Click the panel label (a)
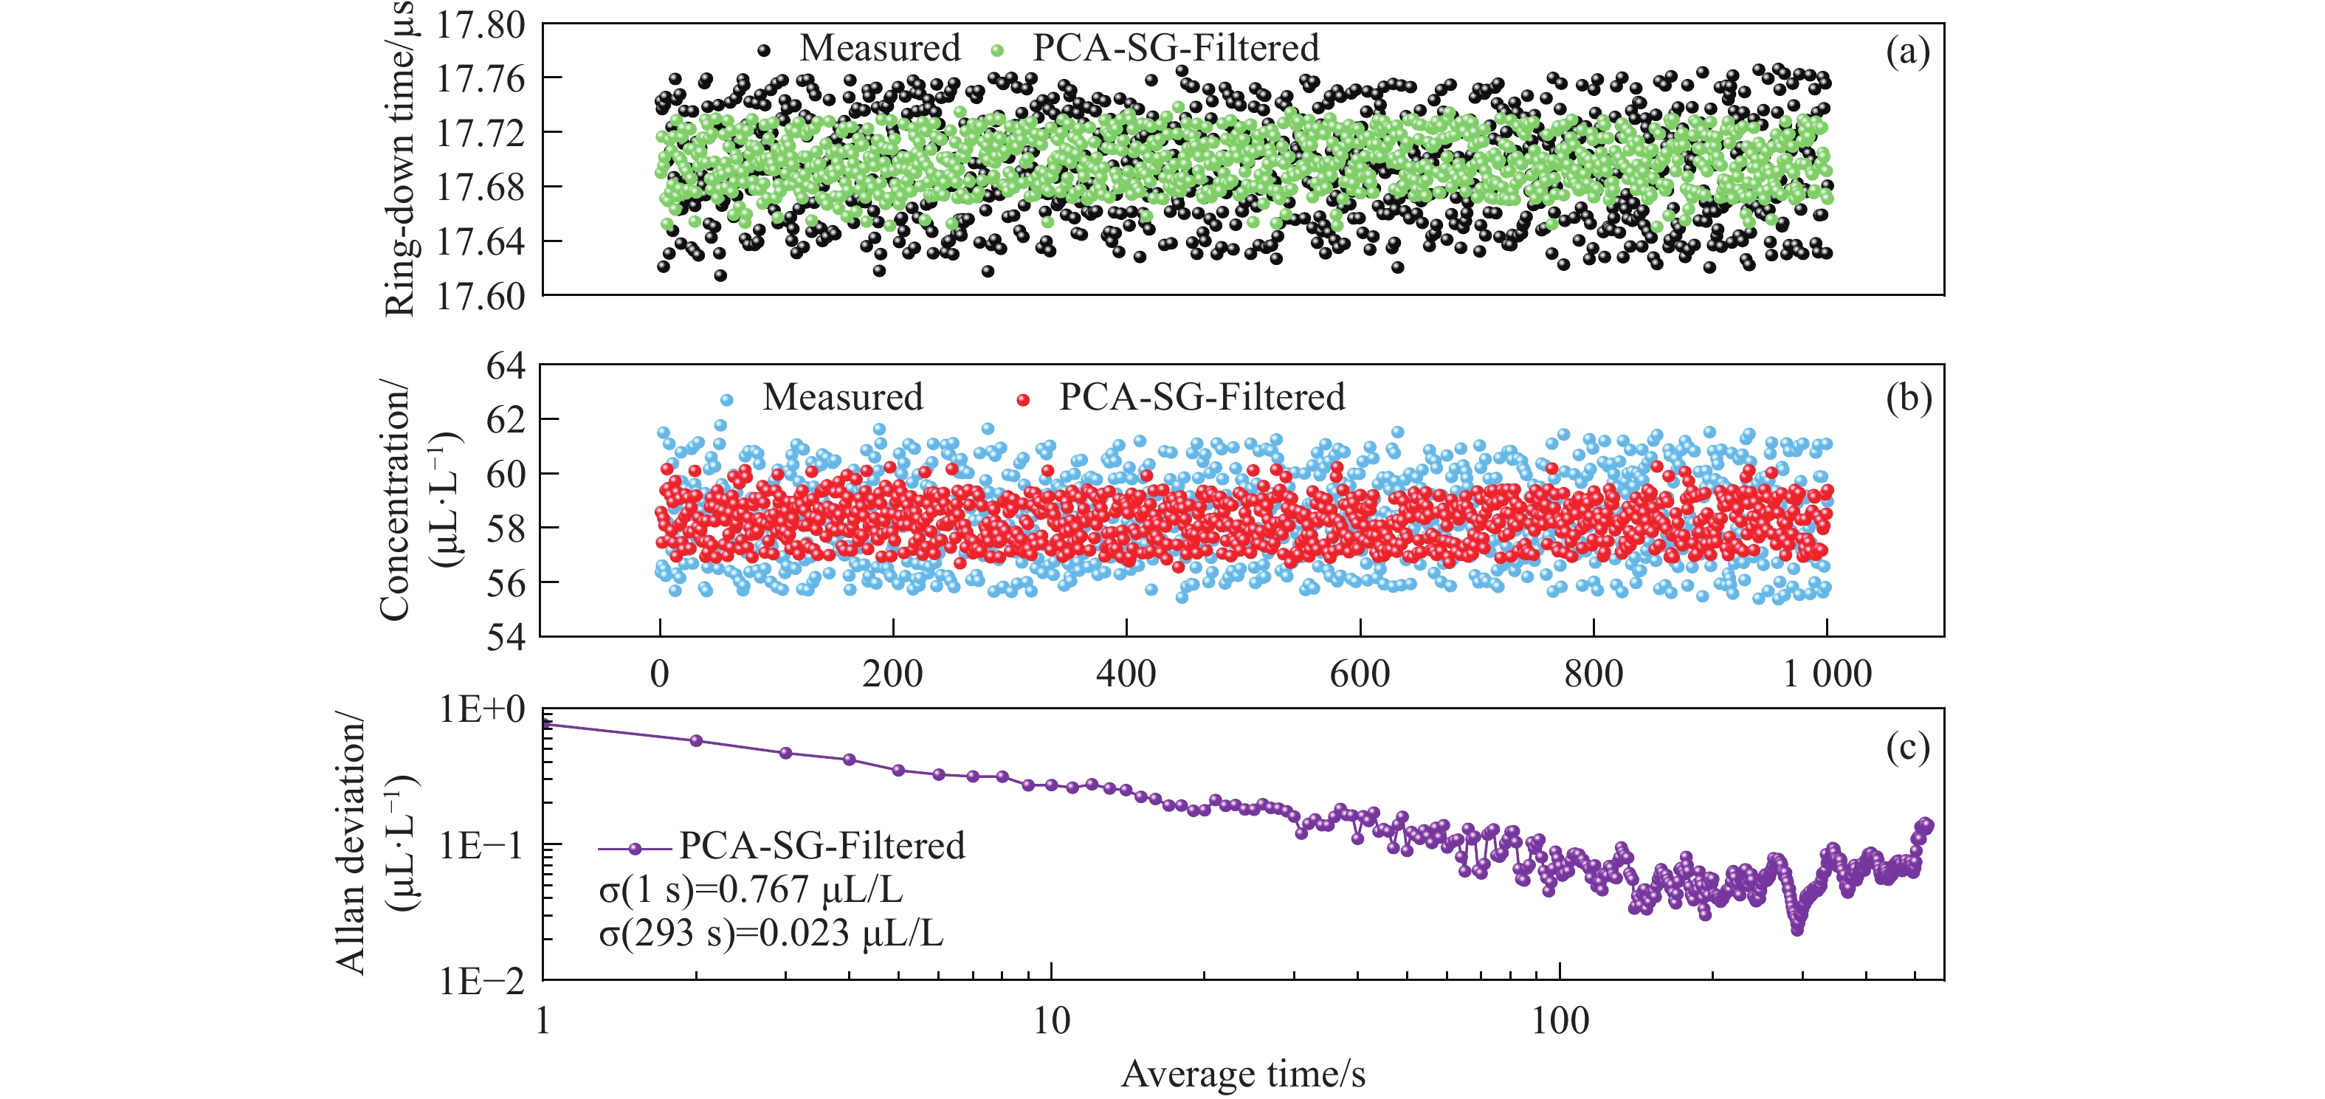(x=1907, y=52)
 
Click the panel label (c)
(x=1907, y=747)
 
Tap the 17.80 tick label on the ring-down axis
(x=480, y=25)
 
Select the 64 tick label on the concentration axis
(x=505, y=366)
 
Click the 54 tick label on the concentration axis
(x=505, y=637)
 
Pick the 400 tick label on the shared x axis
(x=1126, y=674)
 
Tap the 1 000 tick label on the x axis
(x=1826, y=674)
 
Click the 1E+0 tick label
(x=482, y=710)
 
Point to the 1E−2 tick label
(x=482, y=981)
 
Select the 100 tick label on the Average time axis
(x=1560, y=1022)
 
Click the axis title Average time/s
(x=1243, y=1074)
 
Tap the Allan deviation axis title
(x=350, y=844)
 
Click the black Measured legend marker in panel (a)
(x=764, y=50)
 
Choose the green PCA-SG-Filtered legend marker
(x=996, y=50)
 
